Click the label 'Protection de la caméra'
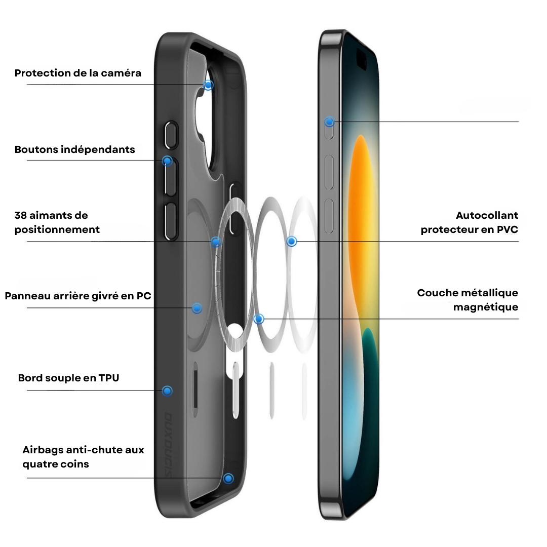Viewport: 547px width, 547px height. pyautogui.click(x=78, y=73)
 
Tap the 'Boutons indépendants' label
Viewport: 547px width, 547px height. pyautogui.click(x=74, y=149)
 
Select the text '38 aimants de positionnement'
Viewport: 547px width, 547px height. pyautogui.click(x=57, y=222)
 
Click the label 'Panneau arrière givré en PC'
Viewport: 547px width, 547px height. pyautogui.click(x=78, y=296)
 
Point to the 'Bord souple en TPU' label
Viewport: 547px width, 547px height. pyautogui.click(x=68, y=378)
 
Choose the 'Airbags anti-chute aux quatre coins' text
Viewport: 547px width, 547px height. pyautogui.click(x=83, y=457)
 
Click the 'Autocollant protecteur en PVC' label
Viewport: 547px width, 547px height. pyautogui.click(x=469, y=222)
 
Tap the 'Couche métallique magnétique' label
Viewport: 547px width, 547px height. pyautogui.click(x=467, y=300)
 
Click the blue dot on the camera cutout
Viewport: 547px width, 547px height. pyautogui.click(x=208, y=85)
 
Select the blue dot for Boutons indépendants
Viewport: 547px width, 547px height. pyautogui.click(x=168, y=161)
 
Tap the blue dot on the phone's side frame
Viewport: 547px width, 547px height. pyautogui.click(x=329, y=122)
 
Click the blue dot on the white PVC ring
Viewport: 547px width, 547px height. pyautogui.click(x=292, y=242)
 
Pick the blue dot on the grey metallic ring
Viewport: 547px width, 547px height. pyautogui.click(x=259, y=319)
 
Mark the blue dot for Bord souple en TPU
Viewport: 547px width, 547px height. pyautogui.click(x=168, y=391)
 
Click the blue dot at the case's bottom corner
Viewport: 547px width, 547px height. pyautogui.click(x=228, y=479)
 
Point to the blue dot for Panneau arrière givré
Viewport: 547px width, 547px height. pyautogui.click(x=197, y=308)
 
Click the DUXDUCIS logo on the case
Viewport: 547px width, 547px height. pyautogui.click(x=168, y=445)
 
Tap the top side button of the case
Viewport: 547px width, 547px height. pyautogui.click(x=171, y=135)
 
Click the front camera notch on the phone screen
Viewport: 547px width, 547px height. pyautogui.click(x=362, y=59)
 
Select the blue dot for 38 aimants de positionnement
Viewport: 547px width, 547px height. pyautogui.click(x=216, y=242)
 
